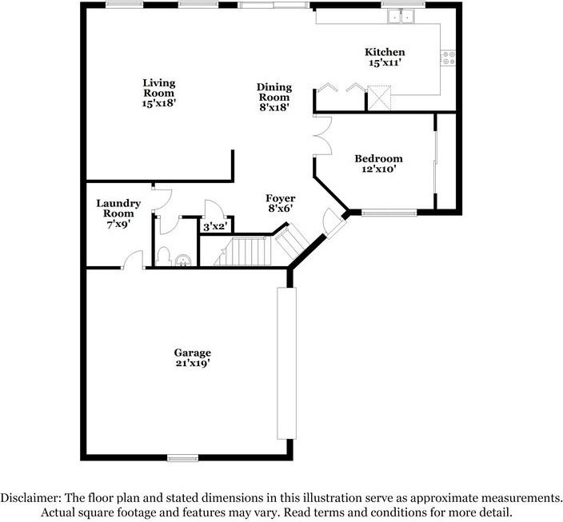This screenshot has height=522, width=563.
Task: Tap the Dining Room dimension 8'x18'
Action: click(274, 106)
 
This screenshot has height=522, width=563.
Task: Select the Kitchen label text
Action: click(385, 52)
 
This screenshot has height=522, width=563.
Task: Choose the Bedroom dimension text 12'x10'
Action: click(378, 169)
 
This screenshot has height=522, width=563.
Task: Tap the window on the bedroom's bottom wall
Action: click(389, 213)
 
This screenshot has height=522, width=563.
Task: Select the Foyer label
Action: click(281, 198)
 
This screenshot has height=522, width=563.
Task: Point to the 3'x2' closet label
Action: click(214, 228)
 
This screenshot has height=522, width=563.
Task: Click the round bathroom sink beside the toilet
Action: click(184, 259)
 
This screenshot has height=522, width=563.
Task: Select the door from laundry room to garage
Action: click(132, 261)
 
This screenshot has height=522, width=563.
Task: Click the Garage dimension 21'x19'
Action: click(193, 364)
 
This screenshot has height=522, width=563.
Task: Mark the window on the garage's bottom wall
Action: click(182, 458)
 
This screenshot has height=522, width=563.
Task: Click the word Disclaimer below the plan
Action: click(34, 497)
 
